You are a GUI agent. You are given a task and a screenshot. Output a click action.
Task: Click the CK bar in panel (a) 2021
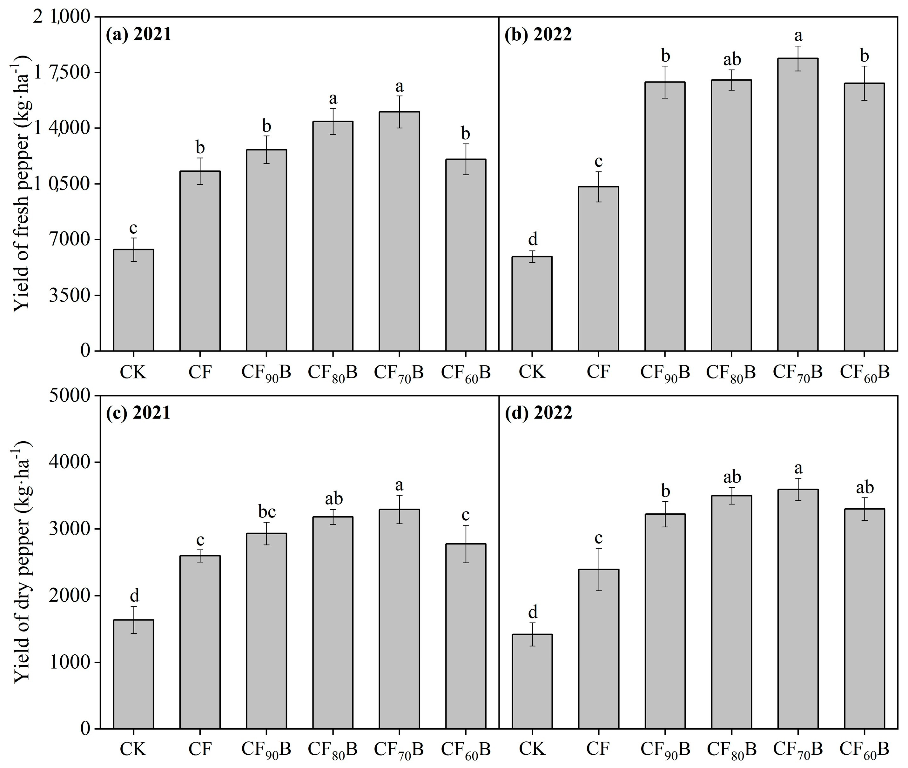[x=133, y=300]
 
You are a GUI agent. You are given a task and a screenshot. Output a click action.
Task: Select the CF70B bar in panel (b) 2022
[x=797, y=205]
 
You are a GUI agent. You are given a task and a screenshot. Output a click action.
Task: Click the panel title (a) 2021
[x=138, y=34]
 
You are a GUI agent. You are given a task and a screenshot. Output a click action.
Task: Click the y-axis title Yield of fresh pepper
[x=22, y=183]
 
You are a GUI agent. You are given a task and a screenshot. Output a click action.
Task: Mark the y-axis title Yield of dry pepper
[x=22, y=562]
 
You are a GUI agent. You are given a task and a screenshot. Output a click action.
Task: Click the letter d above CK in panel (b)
[x=532, y=239]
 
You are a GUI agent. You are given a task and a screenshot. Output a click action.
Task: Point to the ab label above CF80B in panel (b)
[x=732, y=59]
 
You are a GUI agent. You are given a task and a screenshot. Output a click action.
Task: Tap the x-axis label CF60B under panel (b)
[x=864, y=373]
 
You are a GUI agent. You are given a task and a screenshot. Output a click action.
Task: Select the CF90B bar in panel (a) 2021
[x=266, y=250]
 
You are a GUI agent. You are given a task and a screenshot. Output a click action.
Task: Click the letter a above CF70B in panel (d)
[x=798, y=469]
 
